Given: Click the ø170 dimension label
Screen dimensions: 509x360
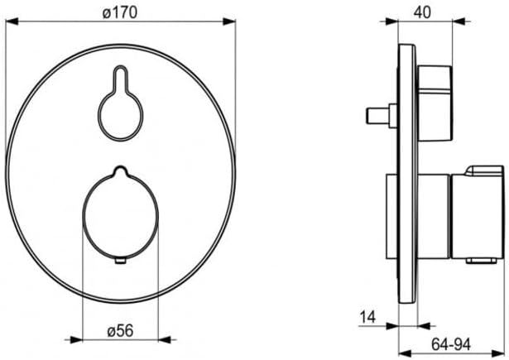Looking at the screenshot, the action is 120,13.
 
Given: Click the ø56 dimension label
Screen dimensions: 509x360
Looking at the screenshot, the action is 120,331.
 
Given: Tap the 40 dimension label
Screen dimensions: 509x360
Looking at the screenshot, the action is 422,12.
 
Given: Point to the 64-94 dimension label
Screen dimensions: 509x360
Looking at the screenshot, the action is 451,344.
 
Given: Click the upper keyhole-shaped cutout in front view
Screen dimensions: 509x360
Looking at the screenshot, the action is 120,103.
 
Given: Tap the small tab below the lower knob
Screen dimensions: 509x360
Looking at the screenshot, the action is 121,261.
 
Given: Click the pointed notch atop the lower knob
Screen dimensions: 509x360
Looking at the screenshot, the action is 120,171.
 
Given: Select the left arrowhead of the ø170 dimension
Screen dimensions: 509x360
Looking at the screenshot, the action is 12,22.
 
